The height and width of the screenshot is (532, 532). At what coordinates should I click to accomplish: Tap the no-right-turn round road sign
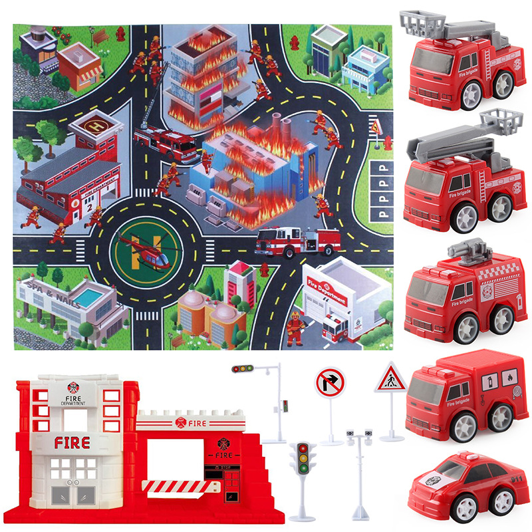[331, 384]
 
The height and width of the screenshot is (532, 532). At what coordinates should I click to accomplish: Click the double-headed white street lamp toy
[358, 436]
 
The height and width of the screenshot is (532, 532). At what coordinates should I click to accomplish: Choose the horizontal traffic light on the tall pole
[243, 368]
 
